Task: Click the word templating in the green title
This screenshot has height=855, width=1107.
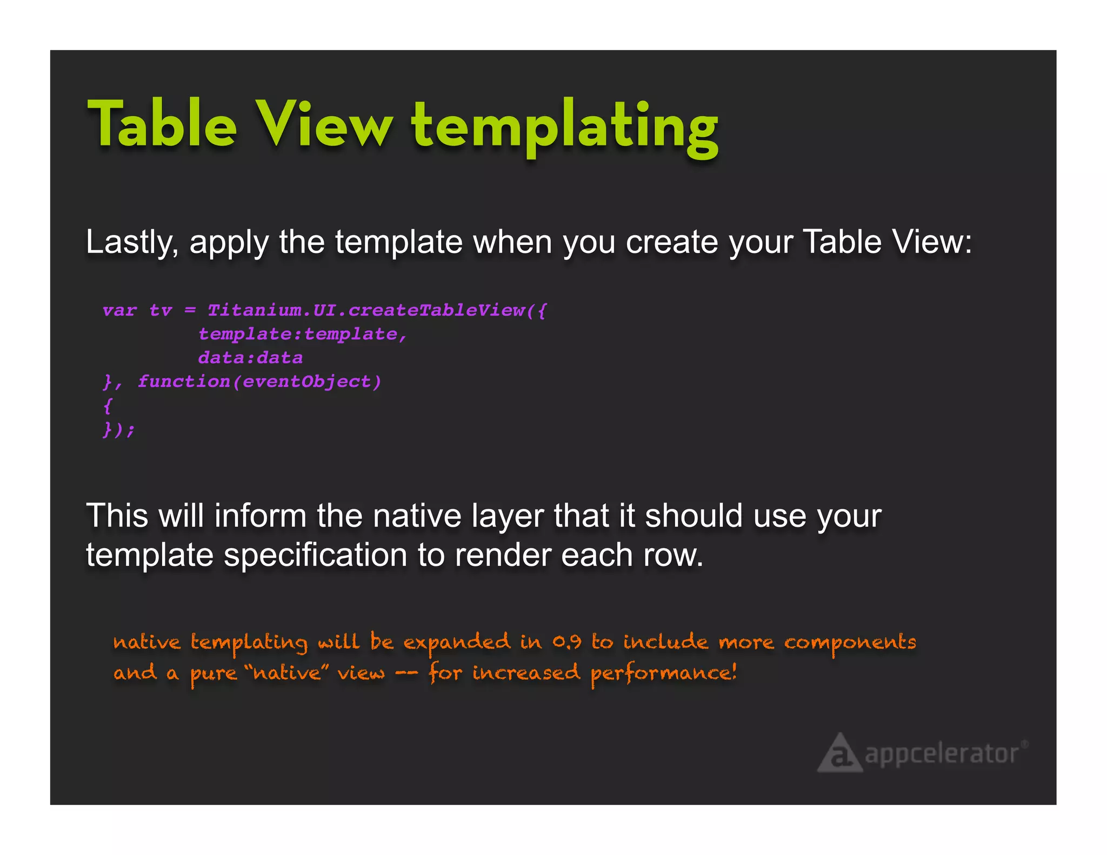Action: [x=565, y=127]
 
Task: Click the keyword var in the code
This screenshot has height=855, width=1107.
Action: [x=119, y=310]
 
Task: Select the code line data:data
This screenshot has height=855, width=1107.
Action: [x=250, y=358]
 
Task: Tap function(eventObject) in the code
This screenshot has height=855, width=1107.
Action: [x=259, y=382]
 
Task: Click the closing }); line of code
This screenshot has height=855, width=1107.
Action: [x=118, y=430]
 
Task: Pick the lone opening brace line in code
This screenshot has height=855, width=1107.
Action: [x=108, y=405]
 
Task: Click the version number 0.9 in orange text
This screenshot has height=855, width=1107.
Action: [x=566, y=642]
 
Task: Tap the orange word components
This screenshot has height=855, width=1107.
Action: [x=850, y=642]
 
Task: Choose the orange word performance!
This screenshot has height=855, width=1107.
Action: [x=663, y=673]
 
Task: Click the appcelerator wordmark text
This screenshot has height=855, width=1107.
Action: [x=942, y=754]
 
